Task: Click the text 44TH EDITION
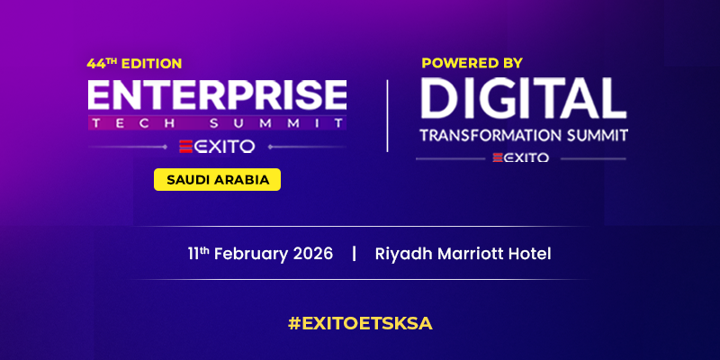click(134, 64)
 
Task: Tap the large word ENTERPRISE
click(217, 95)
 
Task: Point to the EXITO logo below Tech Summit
click(217, 146)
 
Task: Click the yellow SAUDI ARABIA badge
click(218, 179)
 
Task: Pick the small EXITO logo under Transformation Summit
click(523, 157)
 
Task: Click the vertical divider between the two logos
click(387, 115)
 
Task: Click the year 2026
click(311, 254)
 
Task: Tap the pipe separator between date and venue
click(355, 254)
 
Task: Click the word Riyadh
click(401, 254)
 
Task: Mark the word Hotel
click(529, 254)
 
